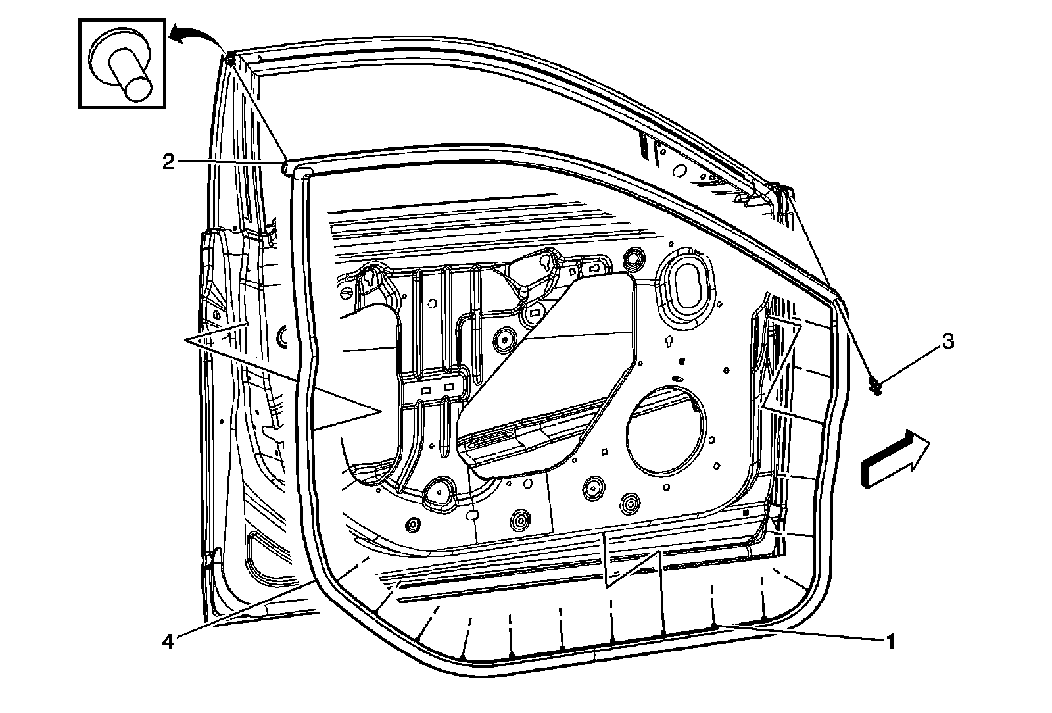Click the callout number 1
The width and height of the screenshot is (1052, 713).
890,641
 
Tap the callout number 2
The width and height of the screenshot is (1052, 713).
169,161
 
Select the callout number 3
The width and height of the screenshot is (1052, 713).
947,341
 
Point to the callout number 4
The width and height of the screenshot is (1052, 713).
168,641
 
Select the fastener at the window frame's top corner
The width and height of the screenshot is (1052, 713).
231,61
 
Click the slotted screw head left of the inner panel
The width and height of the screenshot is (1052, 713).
348,293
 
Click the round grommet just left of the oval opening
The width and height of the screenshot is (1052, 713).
634,257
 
